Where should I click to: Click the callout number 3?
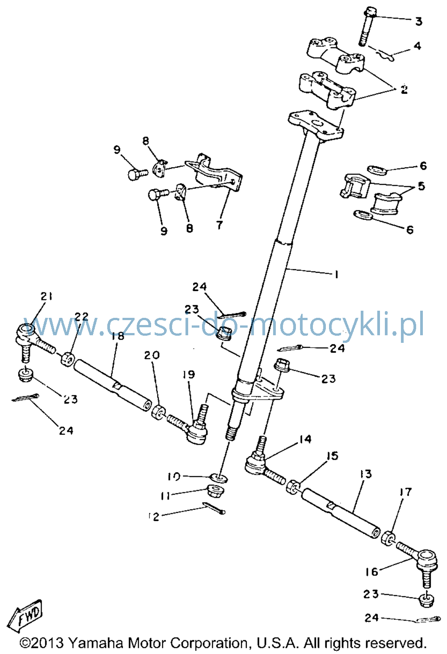(x=419, y=21)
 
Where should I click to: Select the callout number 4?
(x=417, y=46)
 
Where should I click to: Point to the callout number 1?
(x=336, y=275)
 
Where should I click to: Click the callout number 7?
(x=219, y=225)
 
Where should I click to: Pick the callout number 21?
(x=46, y=296)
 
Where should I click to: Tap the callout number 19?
(x=189, y=374)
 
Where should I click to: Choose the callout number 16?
(x=371, y=572)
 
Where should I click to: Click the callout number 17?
(x=405, y=492)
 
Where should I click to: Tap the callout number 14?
(x=305, y=439)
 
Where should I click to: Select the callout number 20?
(x=152, y=355)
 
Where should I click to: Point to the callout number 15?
(x=333, y=456)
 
